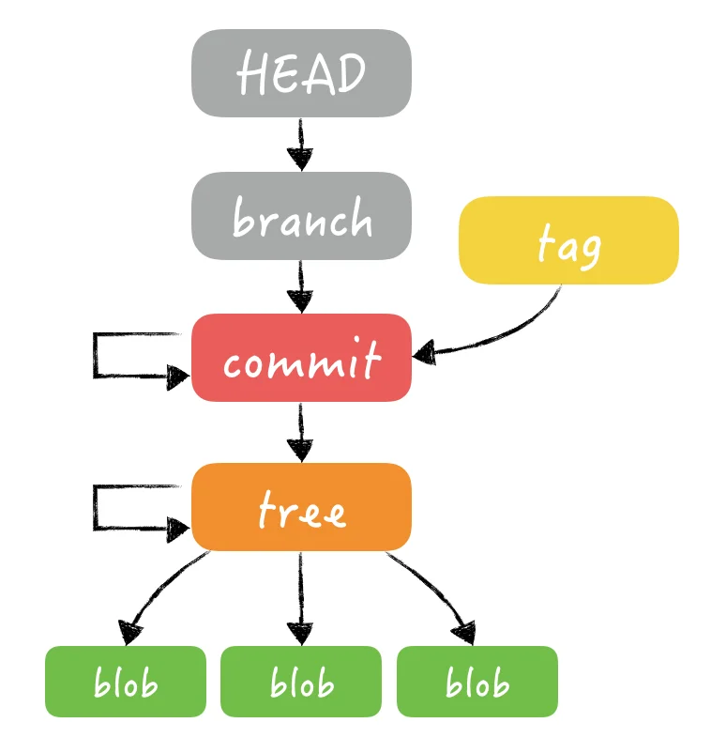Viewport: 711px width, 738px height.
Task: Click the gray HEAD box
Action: pyautogui.click(x=301, y=73)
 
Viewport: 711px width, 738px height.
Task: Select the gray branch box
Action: pyautogui.click(x=301, y=216)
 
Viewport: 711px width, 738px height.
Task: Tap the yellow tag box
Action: pyautogui.click(x=567, y=240)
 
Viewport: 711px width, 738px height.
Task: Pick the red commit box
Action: pyautogui.click(x=301, y=358)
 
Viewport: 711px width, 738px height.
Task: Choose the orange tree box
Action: pyautogui.click(x=301, y=507)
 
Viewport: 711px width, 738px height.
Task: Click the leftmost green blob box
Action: pyautogui.click(x=125, y=682)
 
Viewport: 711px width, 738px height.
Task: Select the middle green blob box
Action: pyautogui.click(x=301, y=682)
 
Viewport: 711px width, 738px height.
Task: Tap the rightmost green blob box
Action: pyautogui.click(x=477, y=682)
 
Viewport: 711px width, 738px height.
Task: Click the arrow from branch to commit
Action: pyautogui.click(x=300, y=286)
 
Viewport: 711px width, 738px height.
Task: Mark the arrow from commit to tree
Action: pyautogui.click(x=300, y=432)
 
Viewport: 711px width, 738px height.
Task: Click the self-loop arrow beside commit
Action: pyautogui.click(x=97, y=356)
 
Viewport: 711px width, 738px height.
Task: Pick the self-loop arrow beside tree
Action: pyautogui.click(x=97, y=508)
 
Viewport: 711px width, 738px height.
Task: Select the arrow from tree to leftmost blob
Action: pyautogui.click(x=159, y=588)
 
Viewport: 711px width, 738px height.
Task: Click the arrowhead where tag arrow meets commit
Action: pyautogui.click(x=425, y=353)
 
